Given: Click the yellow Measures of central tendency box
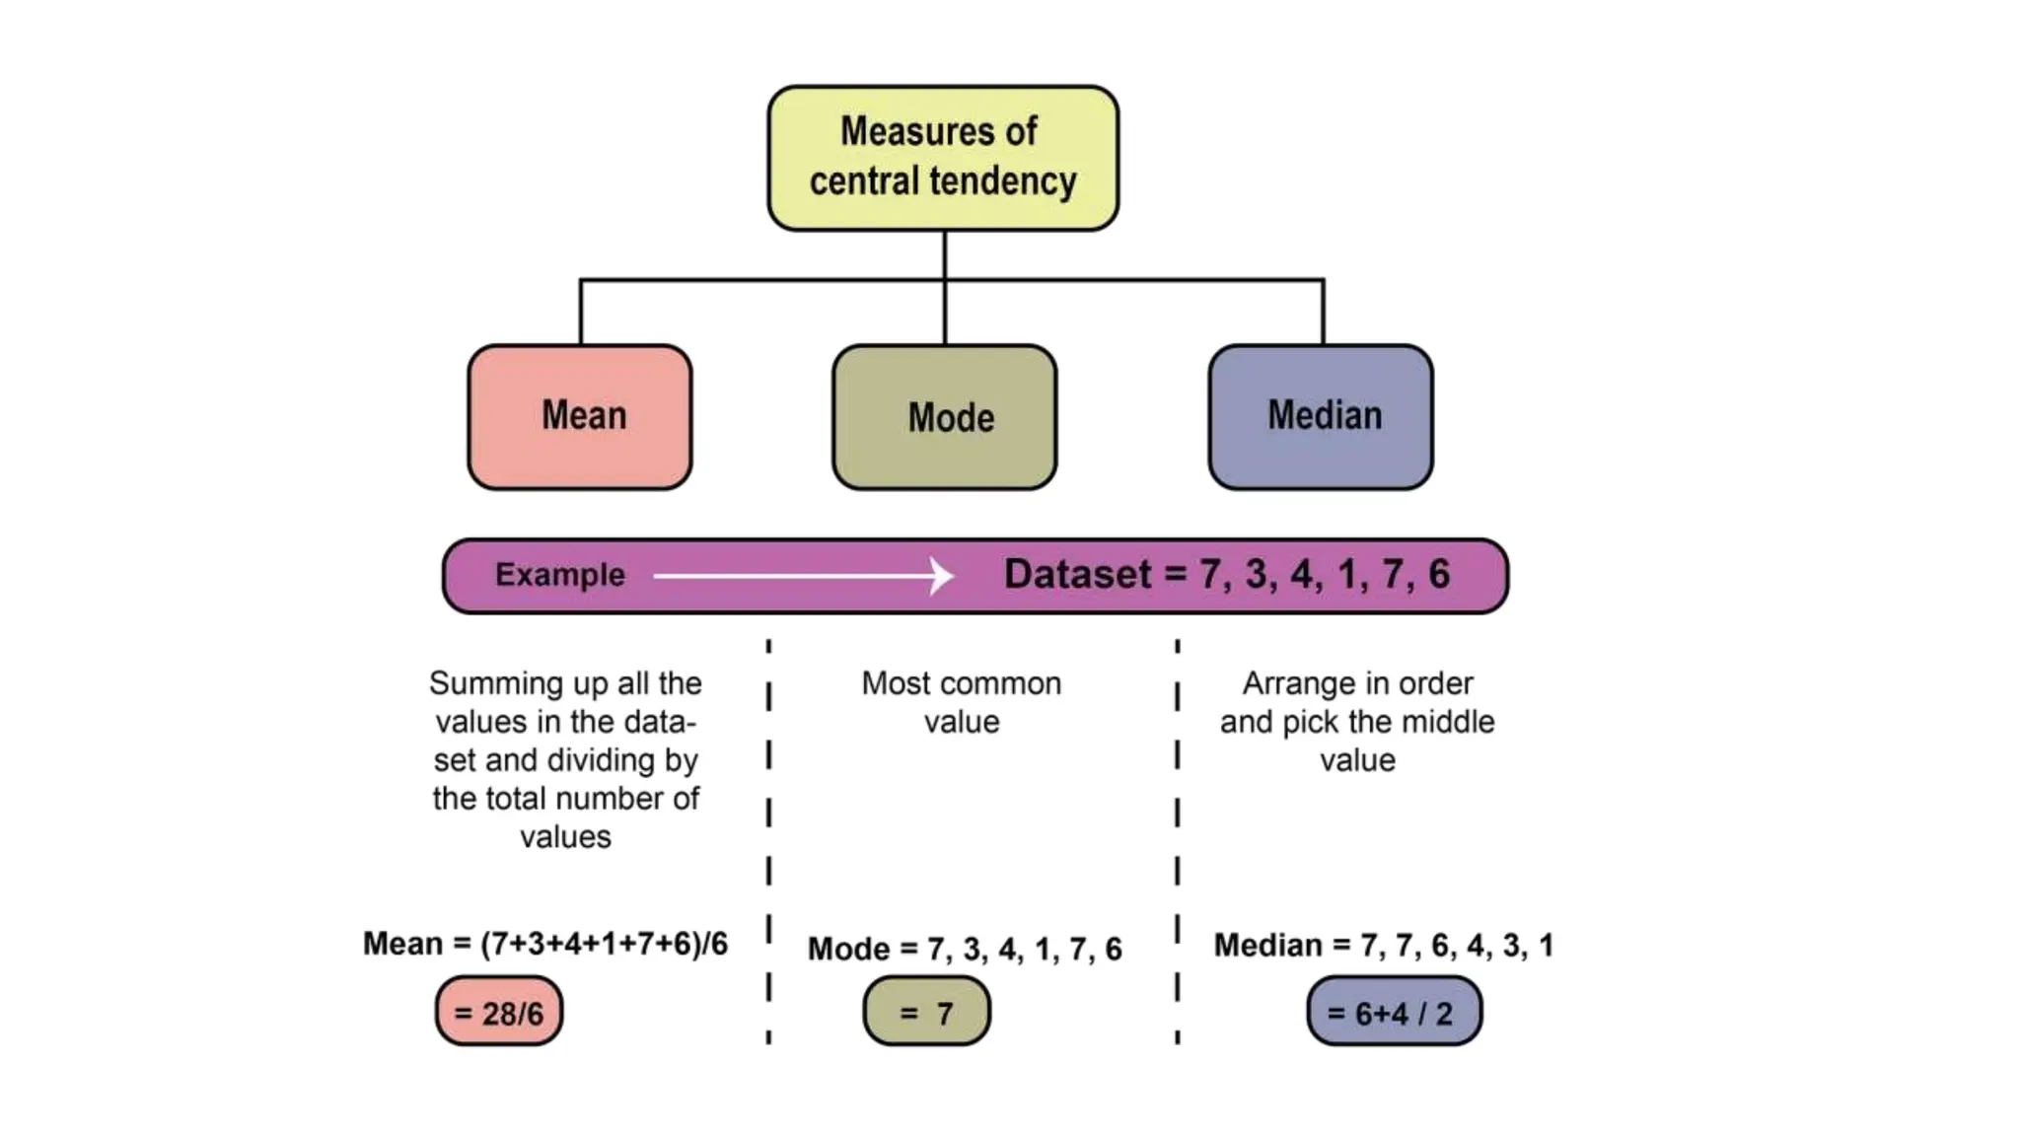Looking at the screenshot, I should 942,158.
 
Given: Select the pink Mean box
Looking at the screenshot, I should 580,416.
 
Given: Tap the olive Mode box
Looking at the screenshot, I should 944,417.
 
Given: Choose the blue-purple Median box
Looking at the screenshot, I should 1321,416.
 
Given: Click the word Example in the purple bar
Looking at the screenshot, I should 559,575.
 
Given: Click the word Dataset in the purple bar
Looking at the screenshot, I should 1077,575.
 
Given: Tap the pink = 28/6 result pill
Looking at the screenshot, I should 499,1012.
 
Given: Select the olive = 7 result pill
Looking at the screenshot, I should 926,1012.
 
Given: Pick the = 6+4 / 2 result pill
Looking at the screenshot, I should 1394,1012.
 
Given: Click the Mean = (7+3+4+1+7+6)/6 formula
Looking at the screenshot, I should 545,944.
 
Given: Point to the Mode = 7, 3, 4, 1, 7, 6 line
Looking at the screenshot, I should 965,949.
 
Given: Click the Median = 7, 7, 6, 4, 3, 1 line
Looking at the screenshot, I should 1383,945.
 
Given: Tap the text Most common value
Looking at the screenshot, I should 962,702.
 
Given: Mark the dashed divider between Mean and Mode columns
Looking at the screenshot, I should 768,838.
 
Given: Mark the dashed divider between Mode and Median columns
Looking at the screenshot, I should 1177,838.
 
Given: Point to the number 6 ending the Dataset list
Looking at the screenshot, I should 1439,574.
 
